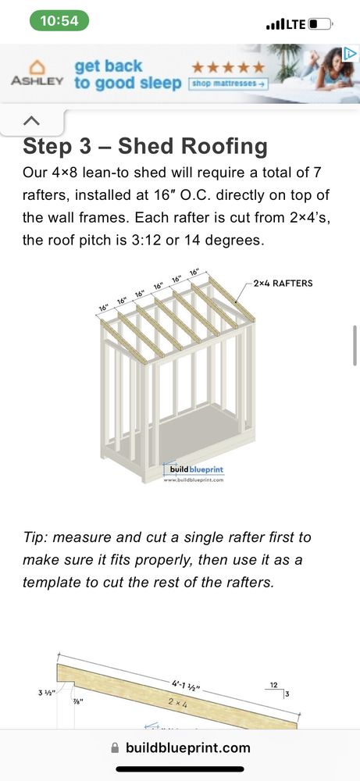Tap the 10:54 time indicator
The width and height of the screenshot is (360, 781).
(x=59, y=21)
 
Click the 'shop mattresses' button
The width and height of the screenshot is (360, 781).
(x=229, y=84)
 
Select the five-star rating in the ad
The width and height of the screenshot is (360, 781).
(x=228, y=66)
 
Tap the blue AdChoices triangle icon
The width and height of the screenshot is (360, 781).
(x=350, y=53)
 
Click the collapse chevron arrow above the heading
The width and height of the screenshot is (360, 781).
(x=31, y=120)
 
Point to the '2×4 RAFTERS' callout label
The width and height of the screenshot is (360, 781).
(x=283, y=284)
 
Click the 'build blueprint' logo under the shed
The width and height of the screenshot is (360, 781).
(x=193, y=469)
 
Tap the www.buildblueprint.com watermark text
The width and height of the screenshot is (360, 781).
(x=193, y=480)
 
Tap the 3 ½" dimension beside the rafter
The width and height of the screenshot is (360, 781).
(x=45, y=691)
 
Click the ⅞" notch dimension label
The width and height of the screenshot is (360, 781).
(x=78, y=702)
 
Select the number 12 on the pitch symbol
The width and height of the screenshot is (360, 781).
(x=274, y=685)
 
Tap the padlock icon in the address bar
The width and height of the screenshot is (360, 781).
(x=115, y=747)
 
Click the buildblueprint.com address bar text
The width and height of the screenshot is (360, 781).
(x=187, y=747)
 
